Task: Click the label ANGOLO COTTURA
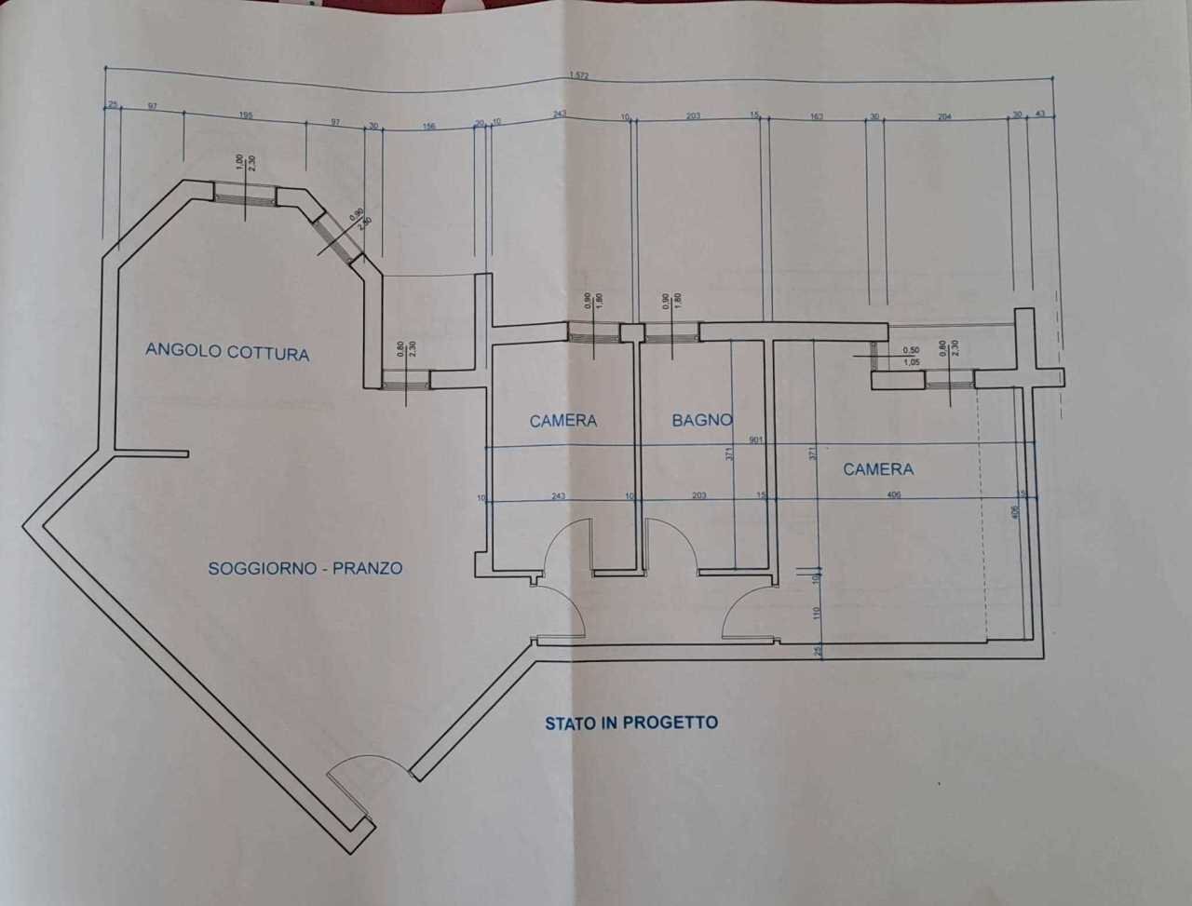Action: coord(227,352)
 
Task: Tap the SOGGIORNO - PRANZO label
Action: coord(305,567)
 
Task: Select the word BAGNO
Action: coord(702,420)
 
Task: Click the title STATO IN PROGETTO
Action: coord(631,722)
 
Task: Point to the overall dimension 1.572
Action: coord(580,76)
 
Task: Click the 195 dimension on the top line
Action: coord(247,115)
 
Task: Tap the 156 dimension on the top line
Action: coord(429,127)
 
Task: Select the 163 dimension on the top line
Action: coord(816,116)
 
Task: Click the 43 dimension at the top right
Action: coord(1040,114)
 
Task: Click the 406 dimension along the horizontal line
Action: coord(894,495)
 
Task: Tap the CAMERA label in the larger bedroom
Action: coord(878,469)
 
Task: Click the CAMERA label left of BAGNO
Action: coord(562,421)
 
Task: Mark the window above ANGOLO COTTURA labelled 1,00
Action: coord(244,195)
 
